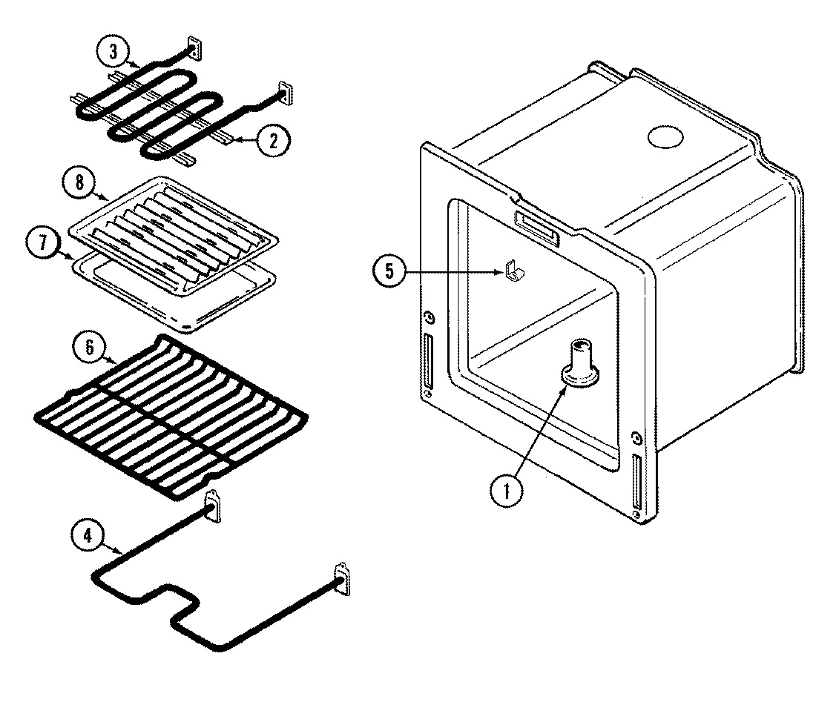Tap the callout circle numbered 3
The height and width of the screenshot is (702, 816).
pyautogui.click(x=113, y=53)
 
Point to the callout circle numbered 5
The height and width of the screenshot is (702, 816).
pyautogui.click(x=389, y=271)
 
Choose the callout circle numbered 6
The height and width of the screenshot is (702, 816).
pyautogui.click(x=88, y=348)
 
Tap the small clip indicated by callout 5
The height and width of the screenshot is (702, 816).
pyautogui.click(x=510, y=273)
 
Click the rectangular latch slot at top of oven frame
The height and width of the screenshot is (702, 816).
pyautogui.click(x=535, y=224)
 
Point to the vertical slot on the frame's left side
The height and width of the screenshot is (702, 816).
pyautogui.click(x=428, y=359)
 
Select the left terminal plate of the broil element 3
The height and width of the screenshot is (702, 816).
pyautogui.click(x=194, y=48)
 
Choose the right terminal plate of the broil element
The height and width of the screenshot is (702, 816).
pyautogui.click(x=285, y=93)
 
